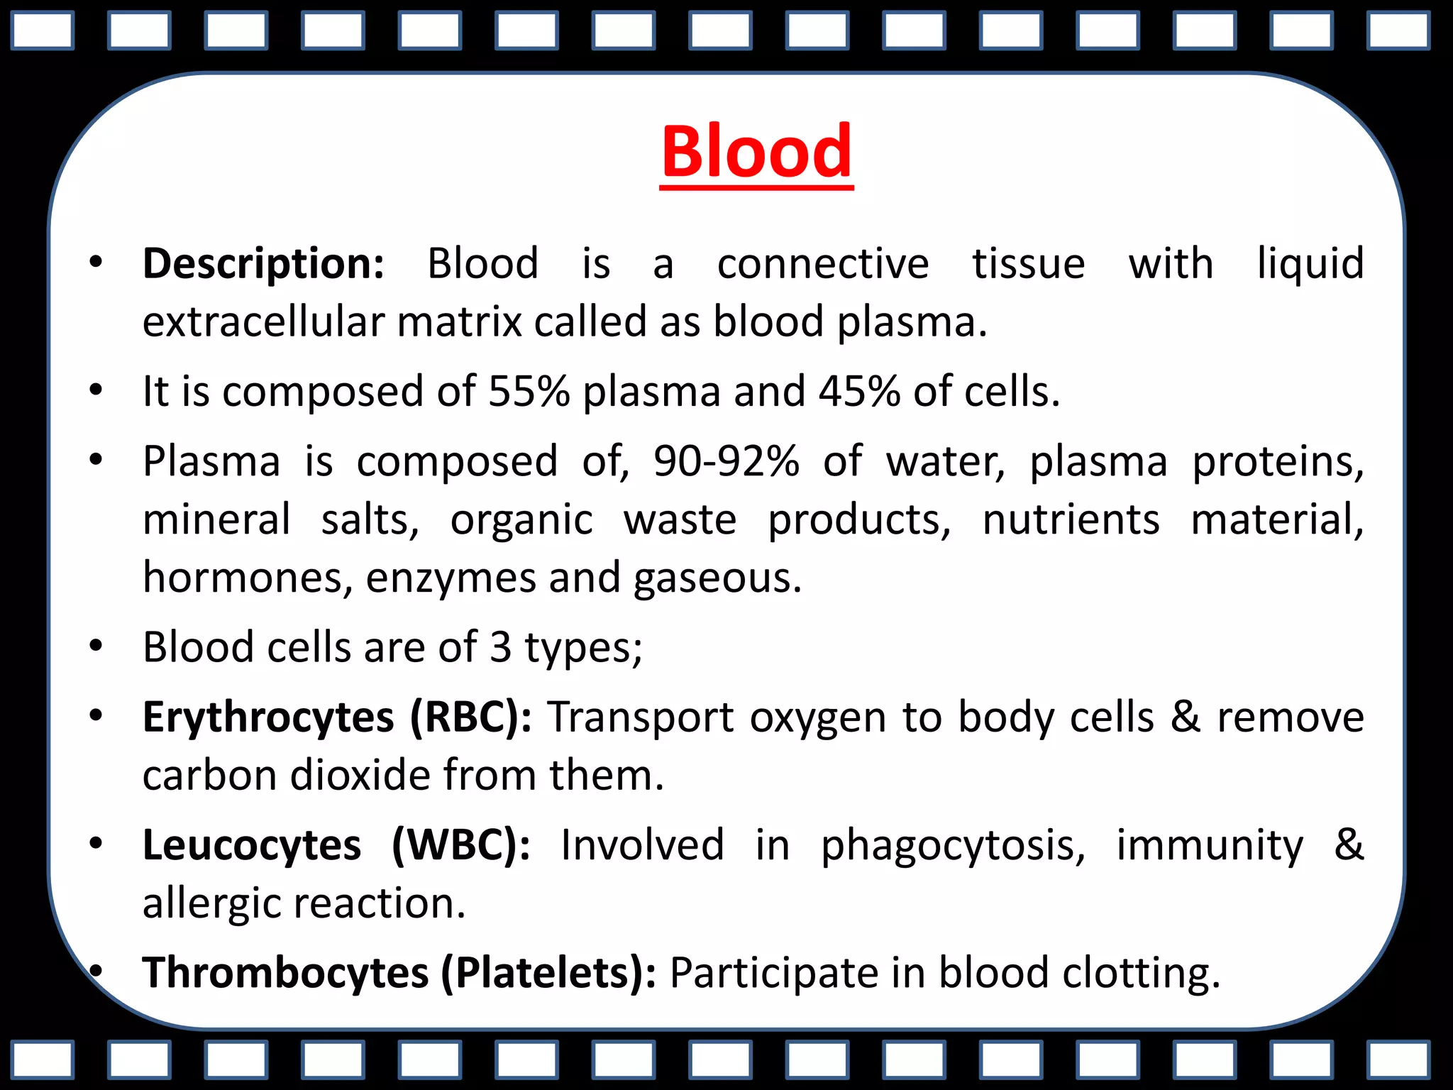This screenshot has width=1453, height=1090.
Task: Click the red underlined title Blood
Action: click(x=756, y=152)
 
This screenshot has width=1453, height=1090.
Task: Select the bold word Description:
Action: click(x=264, y=265)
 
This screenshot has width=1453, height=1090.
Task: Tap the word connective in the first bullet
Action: click(x=823, y=265)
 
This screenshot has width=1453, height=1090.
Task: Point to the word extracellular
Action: click(x=263, y=322)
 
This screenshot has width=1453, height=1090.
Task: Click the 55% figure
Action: click(x=529, y=391)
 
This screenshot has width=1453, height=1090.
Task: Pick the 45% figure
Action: click(x=859, y=391)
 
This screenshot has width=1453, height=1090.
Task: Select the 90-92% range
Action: click(x=726, y=461)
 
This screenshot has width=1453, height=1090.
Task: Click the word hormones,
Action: click(x=248, y=578)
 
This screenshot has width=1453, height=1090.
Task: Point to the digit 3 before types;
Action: click(x=500, y=647)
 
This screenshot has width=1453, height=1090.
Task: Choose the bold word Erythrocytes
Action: click(x=268, y=717)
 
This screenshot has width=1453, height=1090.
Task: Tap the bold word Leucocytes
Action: click(x=252, y=845)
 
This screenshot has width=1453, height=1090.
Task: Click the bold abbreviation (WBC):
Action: click(x=461, y=845)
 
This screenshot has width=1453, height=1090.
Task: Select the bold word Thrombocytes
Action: click(x=285, y=972)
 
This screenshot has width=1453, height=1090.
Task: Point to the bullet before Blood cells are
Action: click(x=96, y=646)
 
